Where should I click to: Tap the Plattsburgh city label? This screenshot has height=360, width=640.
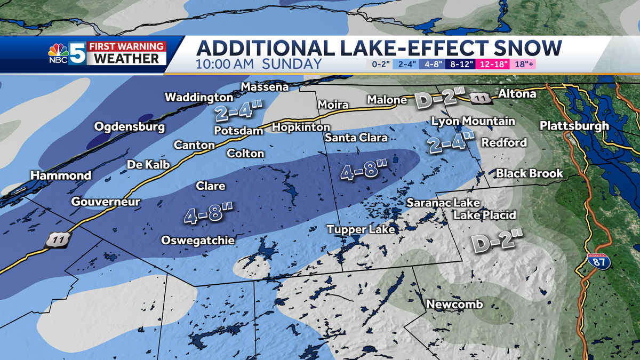tap(574, 126)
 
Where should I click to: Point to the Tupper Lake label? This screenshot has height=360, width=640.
tap(361, 229)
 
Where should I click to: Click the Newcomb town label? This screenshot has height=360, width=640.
tap(454, 304)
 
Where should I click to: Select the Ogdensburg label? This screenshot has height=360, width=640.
tap(130, 127)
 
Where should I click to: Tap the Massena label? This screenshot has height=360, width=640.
tap(265, 86)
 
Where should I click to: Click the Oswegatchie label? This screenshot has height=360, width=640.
tap(198, 240)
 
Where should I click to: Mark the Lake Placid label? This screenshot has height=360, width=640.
tap(485, 215)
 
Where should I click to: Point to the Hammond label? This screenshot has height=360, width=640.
tap(61, 175)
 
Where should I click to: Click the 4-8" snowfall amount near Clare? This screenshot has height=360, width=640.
tap(209, 214)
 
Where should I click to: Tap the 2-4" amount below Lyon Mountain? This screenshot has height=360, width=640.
tap(450, 143)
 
